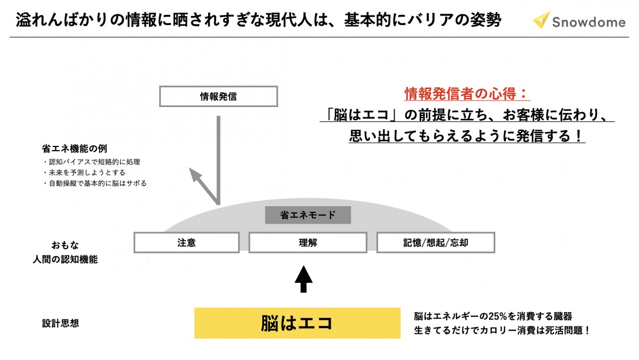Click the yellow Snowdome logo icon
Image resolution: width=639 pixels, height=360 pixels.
click(542, 20)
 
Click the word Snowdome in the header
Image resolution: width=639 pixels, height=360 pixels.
click(588, 22)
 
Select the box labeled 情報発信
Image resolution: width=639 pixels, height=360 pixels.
click(218, 97)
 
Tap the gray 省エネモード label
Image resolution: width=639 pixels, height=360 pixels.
click(308, 215)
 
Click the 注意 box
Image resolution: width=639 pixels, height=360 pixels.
click(186, 243)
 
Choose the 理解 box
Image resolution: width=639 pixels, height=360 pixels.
click(307, 243)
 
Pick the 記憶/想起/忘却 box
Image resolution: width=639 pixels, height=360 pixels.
click(435, 243)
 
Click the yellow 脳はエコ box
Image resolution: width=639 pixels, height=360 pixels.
click(297, 323)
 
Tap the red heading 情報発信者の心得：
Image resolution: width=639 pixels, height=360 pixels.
click(467, 95)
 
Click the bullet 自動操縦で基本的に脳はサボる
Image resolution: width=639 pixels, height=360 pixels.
click(94, 183)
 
